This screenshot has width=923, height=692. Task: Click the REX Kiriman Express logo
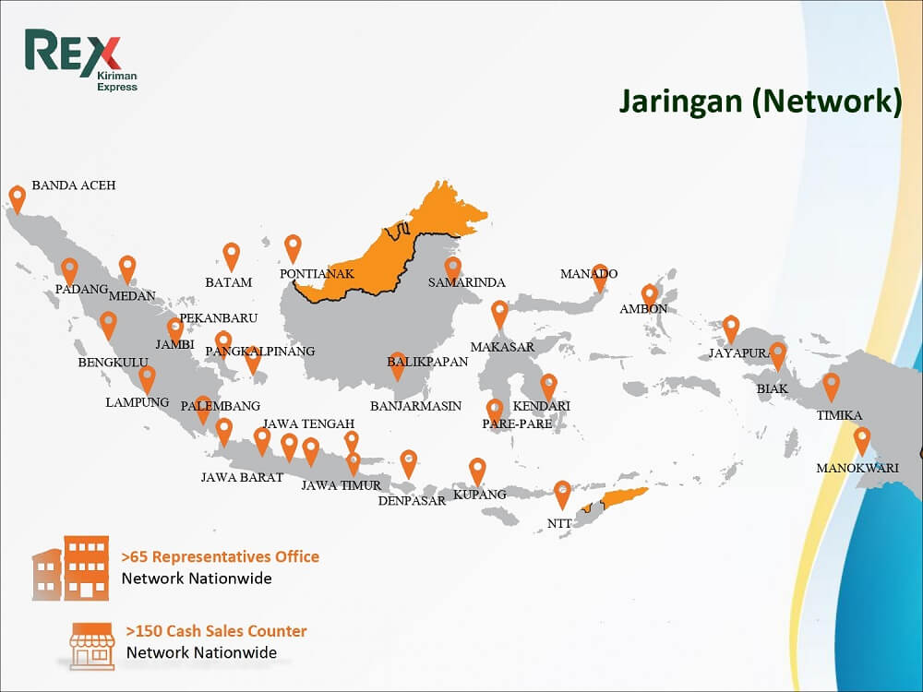(81, 61)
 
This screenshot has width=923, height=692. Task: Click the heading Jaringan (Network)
(760, 101)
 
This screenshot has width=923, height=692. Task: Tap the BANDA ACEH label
(74, 185)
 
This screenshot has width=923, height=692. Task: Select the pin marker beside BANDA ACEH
(17, 197)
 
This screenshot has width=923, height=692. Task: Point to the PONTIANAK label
(317, 274)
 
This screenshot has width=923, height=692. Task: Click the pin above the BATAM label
(231, 255)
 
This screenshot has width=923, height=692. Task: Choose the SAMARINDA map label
(467, 282)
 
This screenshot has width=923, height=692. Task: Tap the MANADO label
(589, 274)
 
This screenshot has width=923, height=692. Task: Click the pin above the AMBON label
(650, 295)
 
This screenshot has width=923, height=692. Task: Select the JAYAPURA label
(739, 353)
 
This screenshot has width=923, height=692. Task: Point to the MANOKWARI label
(857, 468)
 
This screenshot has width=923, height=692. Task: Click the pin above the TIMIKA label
(832, 385)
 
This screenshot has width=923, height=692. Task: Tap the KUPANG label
(480, 495)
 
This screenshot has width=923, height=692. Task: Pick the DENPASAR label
(412, 501)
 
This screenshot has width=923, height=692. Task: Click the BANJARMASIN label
(415, 406)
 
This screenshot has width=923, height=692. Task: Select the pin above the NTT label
(562, 493)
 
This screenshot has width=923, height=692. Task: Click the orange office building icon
(73, 567)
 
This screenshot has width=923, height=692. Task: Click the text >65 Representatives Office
(221, 557)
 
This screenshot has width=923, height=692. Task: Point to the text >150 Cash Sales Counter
(216, 632)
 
